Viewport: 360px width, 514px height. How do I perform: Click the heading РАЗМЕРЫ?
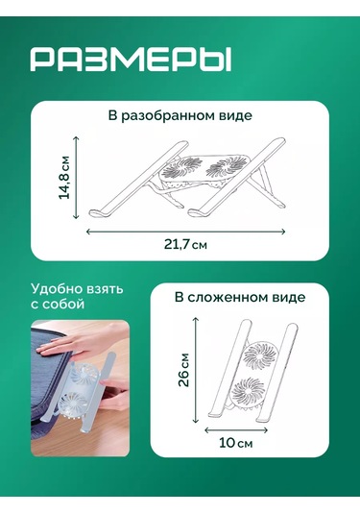(x=132, y=61)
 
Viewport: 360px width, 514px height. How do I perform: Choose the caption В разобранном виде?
(x=180, y=116)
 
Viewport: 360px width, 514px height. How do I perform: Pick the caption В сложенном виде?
(x=239, y=298)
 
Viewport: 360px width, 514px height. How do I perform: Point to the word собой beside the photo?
(x=63, y=305)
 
